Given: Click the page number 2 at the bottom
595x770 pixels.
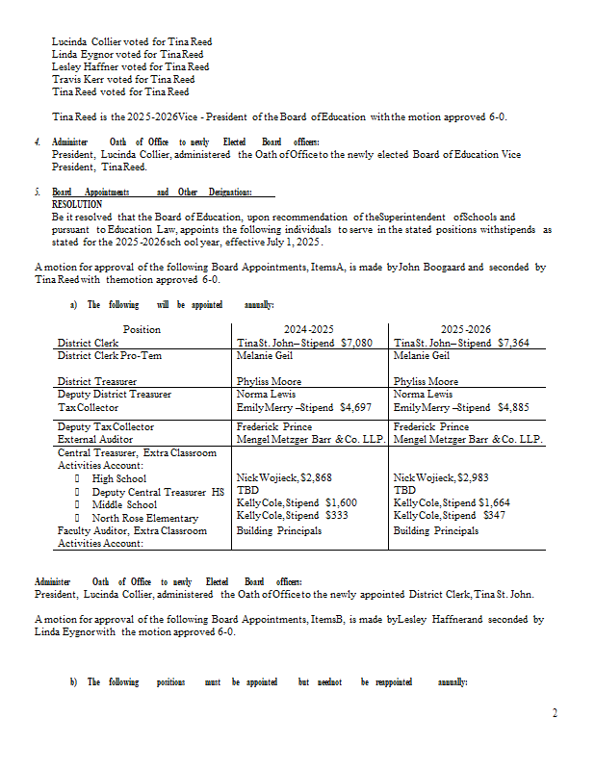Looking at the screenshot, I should [x=554, y=713].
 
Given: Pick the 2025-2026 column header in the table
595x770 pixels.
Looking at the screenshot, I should [x=467, y=329].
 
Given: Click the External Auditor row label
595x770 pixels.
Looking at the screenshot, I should [x=95, y=439].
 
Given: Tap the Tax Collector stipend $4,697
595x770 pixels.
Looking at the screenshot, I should [x=355, y=407].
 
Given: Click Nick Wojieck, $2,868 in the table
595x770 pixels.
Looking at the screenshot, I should [x=284, y=477].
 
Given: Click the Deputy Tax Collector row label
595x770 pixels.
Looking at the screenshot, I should [x=106, y=426].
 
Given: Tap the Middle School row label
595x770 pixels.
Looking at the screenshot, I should [x=124, y=504].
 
